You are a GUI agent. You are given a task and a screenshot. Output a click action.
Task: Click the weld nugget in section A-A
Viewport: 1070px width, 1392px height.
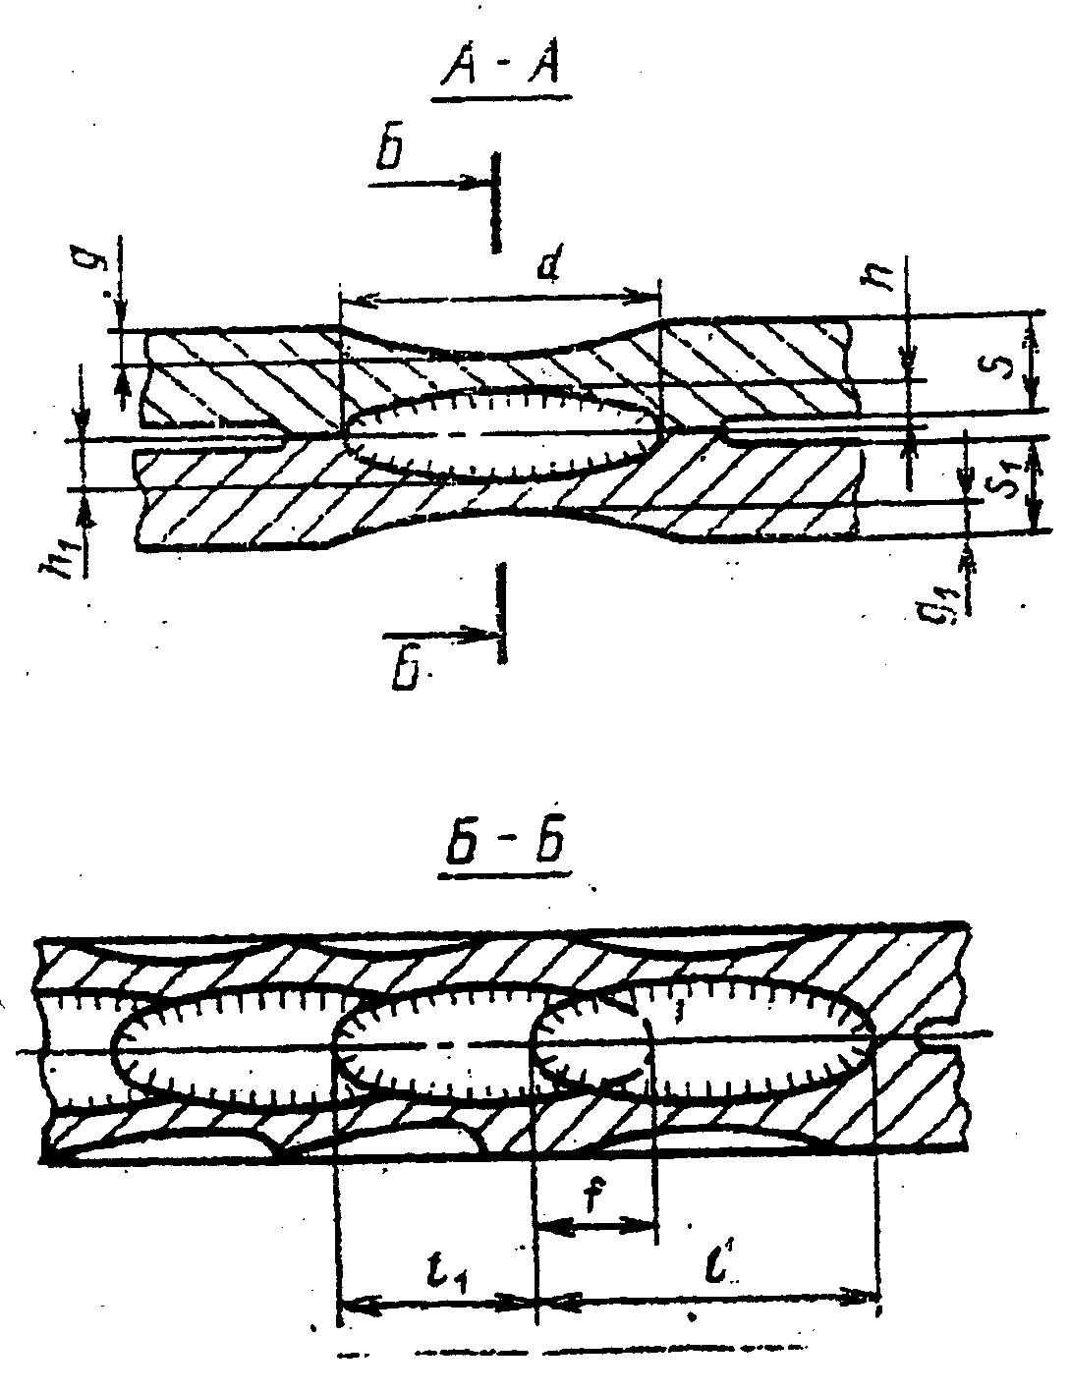click(x=501, y=433)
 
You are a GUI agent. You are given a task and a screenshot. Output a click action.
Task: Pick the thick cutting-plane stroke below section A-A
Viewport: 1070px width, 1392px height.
click(x=503, y=613)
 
